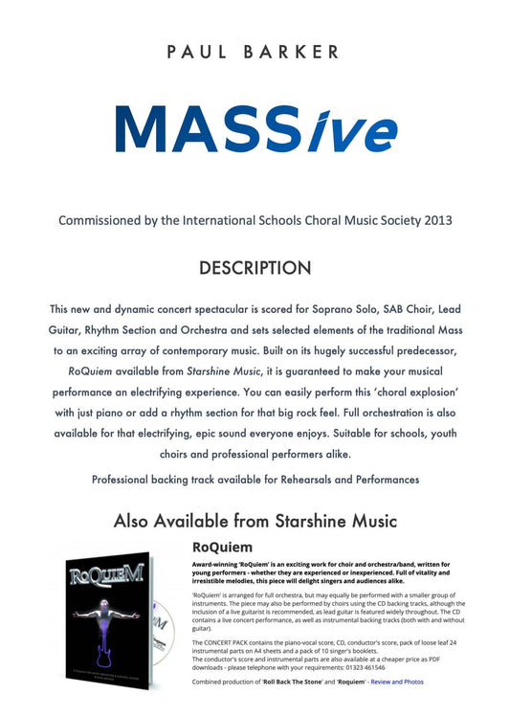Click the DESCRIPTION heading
(x=255, y=269)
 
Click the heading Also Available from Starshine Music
(x=255, y=522)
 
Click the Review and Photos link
(x=397, y=681)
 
